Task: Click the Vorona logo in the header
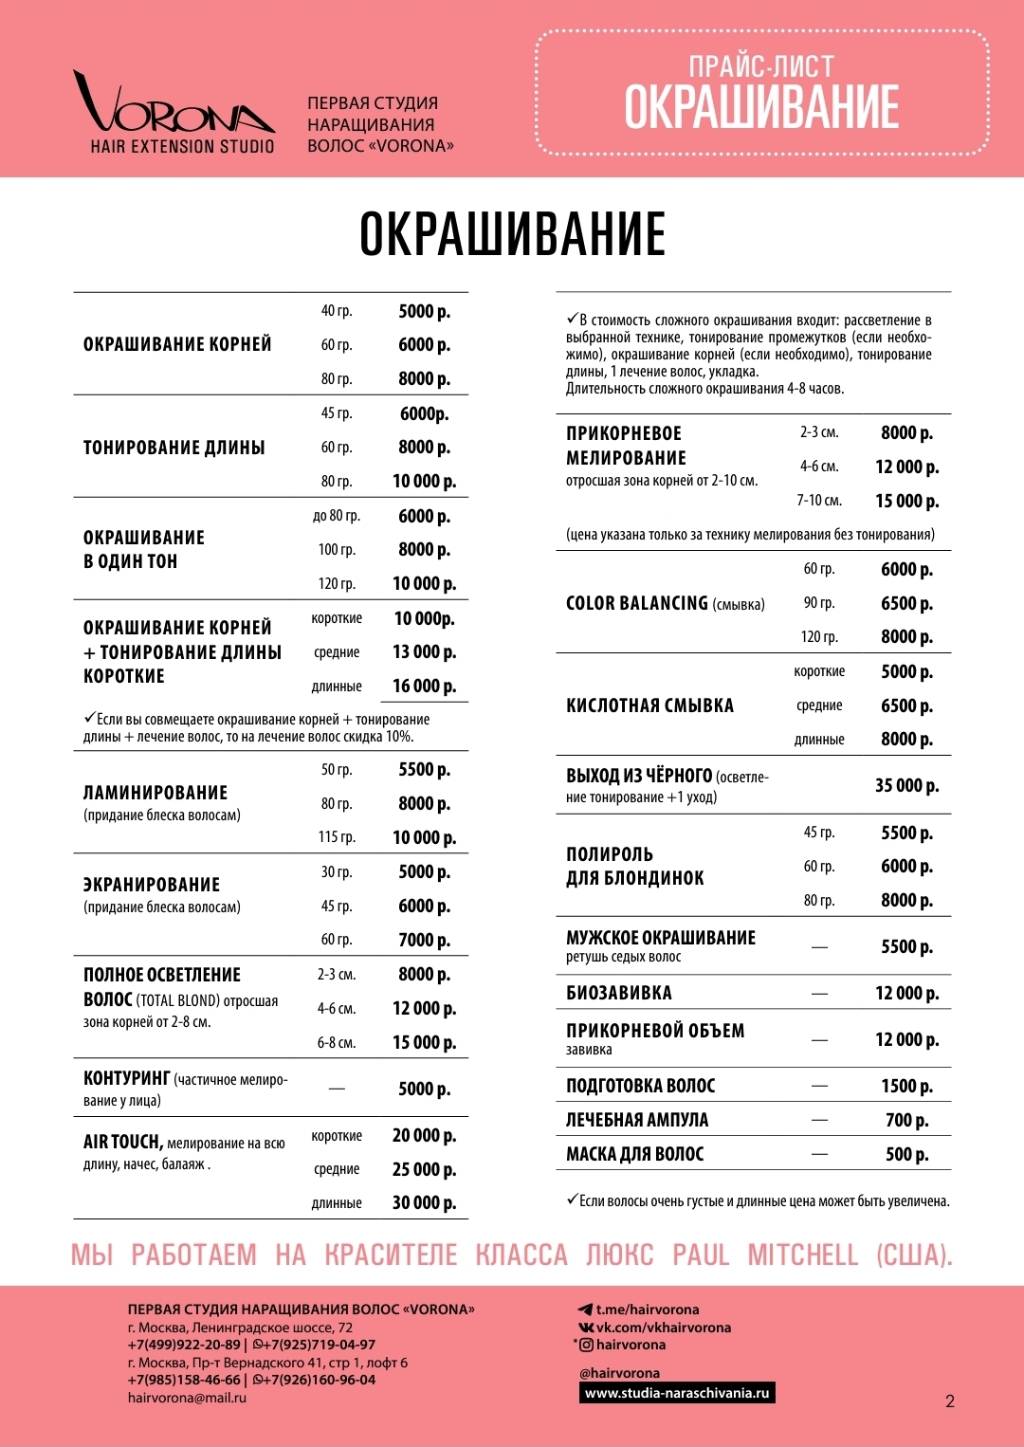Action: (175, 112)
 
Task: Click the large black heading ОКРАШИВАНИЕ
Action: (512, 234)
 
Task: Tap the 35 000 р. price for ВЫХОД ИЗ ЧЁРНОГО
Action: (906, 785)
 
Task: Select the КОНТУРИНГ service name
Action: (127, 1078)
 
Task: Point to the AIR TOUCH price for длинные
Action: (424, 1202)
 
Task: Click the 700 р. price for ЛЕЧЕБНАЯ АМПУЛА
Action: (906, 1120)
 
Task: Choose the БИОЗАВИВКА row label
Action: (619, 993)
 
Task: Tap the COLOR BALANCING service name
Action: (637, 603)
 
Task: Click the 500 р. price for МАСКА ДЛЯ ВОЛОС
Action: (906, 1154)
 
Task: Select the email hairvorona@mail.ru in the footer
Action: (187, 1398)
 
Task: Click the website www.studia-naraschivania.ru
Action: (677, 1393)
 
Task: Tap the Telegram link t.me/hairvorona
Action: (647, 1310)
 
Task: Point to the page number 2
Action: (950, 1401)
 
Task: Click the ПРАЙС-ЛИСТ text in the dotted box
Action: (761, 66)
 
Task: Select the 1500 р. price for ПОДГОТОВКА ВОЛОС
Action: (906, 1086)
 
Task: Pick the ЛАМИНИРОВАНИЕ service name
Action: (155, 793)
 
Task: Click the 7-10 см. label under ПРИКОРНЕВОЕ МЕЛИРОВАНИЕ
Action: (819, 501)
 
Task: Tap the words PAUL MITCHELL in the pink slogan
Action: (765, 1255)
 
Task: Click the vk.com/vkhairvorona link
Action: (663, 1328)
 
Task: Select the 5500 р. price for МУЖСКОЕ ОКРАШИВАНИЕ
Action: (906, 946)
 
